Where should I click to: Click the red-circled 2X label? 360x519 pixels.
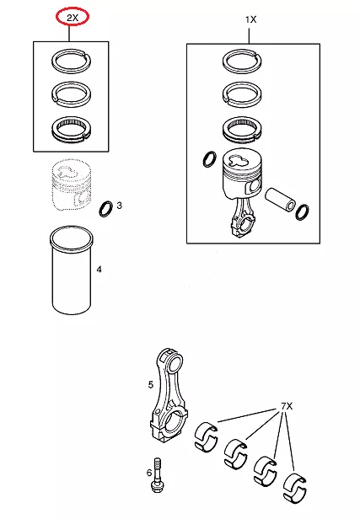pos(73,18)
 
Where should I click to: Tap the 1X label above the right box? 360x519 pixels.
pos(250,19)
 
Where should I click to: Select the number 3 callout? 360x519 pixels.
pos(119,206)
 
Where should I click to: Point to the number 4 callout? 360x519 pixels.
pos(99,270)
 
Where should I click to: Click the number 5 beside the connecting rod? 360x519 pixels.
pos(151,384)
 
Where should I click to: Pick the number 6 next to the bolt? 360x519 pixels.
pos(149,473)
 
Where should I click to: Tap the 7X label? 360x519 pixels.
pos(287,406)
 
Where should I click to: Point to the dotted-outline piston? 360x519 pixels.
pos(71,185)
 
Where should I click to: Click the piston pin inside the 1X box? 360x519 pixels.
pos(281,199)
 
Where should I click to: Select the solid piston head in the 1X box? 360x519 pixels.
pos(243,174)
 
